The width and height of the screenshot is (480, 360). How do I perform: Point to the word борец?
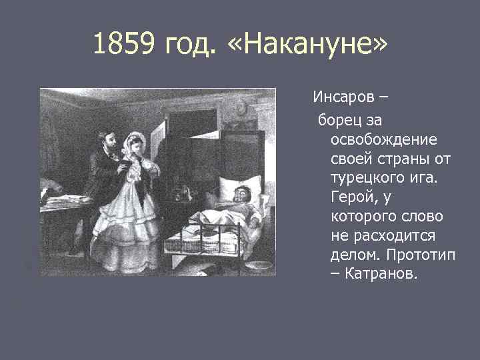click(339, 120)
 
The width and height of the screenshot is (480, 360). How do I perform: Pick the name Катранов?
click(382, 275)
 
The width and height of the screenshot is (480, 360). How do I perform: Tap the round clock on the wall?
click(241, 107)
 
